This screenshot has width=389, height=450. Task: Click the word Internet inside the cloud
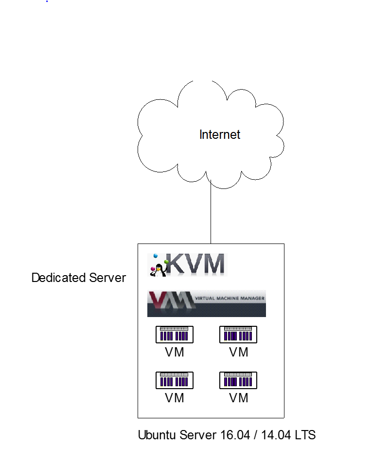[220, 135]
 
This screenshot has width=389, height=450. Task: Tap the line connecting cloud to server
[211, 214]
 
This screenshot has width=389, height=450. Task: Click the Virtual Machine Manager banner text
[230, 299]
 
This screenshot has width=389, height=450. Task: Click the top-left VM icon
[175, 335]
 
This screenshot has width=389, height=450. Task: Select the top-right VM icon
[238, 335]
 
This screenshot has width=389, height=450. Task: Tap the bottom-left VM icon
[175, 380]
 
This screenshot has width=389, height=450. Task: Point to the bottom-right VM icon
[238, 380]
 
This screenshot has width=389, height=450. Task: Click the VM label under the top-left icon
[175, 352]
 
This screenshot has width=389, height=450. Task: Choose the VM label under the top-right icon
[239, 352]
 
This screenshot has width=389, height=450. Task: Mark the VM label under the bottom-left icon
[175, 398]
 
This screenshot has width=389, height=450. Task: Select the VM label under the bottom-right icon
[239, 398]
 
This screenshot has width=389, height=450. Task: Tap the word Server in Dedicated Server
[107, 278]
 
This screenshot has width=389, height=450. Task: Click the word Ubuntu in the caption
[155, 435]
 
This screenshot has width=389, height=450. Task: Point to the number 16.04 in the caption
[231, 435]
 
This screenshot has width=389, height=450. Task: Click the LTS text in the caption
[305, 435]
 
